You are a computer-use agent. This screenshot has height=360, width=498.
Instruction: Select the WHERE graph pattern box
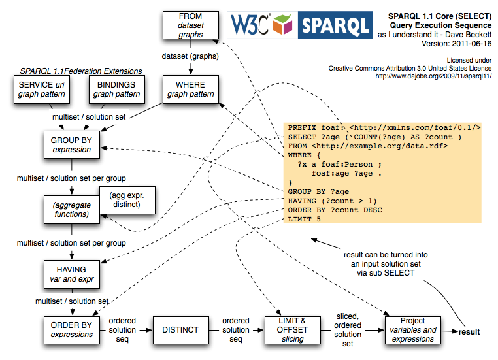tap(190, 90)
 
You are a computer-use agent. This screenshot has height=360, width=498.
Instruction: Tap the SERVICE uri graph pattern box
tap(41, 90)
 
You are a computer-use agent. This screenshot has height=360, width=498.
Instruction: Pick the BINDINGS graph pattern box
tap(116, 90)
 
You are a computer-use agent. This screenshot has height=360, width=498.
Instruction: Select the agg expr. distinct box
tap(127, 199)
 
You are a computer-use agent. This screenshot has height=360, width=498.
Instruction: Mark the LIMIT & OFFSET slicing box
tap(293, 329)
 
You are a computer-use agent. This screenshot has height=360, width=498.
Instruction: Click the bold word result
tap(469, 332)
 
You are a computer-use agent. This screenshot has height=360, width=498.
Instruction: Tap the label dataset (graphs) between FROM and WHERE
tap(190, 56)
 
